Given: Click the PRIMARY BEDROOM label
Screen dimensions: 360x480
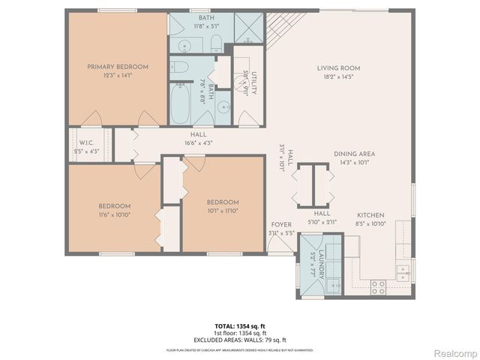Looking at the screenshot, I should coord(118,67).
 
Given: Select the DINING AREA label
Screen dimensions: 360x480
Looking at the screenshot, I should coord(354,154).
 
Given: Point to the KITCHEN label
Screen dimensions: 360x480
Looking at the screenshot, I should coord(370,214).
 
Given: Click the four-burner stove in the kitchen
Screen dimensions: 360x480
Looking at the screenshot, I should coord(378,286).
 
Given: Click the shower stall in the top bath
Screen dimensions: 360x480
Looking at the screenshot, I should coord(246,27).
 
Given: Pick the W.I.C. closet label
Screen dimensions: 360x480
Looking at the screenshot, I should coord(85,142).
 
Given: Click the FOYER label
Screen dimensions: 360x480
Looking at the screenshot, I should coord(281,225).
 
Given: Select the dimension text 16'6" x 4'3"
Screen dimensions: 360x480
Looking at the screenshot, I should coord(198,142).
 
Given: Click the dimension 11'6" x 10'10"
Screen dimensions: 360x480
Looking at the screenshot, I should coord(115,214).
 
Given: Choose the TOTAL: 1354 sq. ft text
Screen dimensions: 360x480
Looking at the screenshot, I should coord(239,326).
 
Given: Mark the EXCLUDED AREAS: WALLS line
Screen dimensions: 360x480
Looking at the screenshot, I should coord(239,339).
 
